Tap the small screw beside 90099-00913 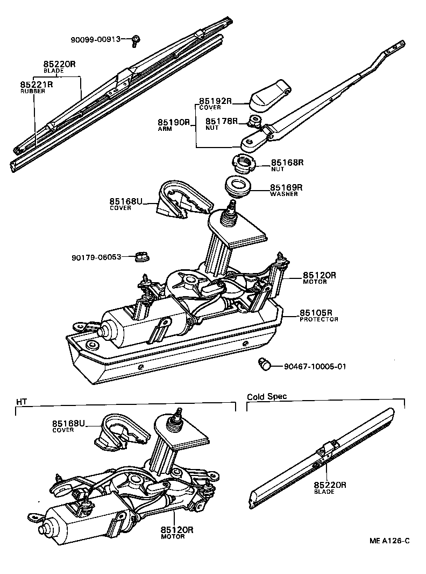136,39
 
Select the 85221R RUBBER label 36,87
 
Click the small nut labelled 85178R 255,121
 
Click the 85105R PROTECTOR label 318,315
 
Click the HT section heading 21,401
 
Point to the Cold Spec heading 267,396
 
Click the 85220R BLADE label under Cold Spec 330,487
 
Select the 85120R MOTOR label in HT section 176,533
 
